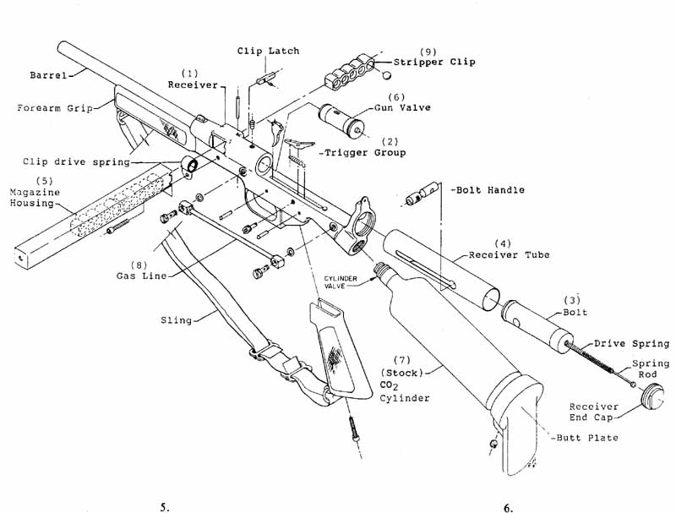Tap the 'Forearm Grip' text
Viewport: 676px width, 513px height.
point(52,108)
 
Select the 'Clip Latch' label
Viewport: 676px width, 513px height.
point(268,52)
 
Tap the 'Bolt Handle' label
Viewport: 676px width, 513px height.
point(488,190)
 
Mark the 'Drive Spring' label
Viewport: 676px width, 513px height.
point(631,343)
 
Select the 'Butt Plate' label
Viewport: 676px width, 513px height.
point(588,438)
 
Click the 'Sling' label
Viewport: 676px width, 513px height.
point(175,320)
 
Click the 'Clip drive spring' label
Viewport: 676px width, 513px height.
point(64,161)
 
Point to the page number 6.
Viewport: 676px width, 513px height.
point(508,508)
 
